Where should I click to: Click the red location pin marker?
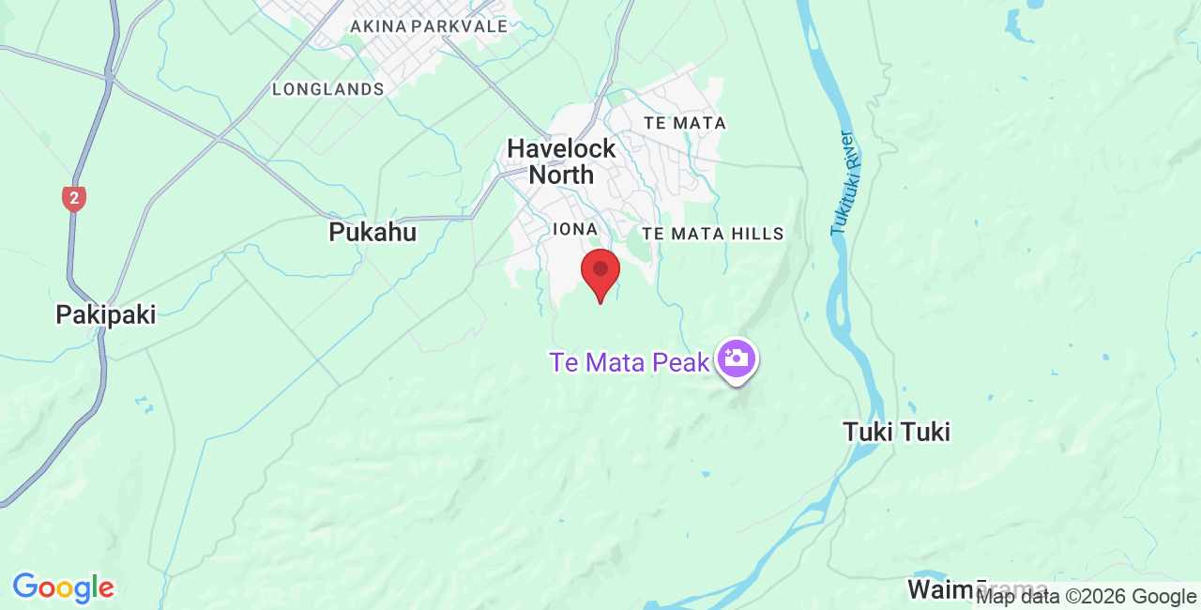tap(600, 273)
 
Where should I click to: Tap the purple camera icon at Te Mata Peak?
tap(737, 358)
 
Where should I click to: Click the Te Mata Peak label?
tap(630, 362)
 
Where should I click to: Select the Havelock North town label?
tap(561, 161)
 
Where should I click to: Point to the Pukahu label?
tap(372, 232)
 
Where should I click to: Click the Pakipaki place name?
tap(106, 314)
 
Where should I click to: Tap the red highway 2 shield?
tap(74, 198)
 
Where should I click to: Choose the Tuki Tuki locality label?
tap(896, 432)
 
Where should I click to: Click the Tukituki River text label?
tap(842, 184)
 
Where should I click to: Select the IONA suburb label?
tap(575, 229)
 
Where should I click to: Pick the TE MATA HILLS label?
tap(712, 234)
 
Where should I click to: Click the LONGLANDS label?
tap(328, 89)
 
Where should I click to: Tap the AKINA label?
tap(377, 26)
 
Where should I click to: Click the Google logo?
tap(63, 588)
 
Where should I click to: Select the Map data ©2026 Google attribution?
tap(1087, 596)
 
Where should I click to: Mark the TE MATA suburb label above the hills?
tap(685, 123)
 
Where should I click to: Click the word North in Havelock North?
tap(561, 175)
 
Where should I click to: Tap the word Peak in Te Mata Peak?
tap(677, 362)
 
